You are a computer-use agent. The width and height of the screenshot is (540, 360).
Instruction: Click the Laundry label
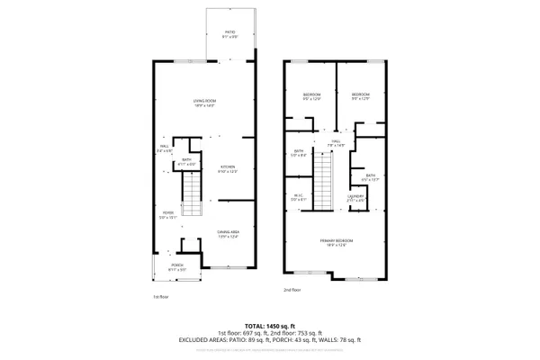pos(356,197)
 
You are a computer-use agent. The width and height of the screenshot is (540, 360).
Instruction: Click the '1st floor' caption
pos(160,295)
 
